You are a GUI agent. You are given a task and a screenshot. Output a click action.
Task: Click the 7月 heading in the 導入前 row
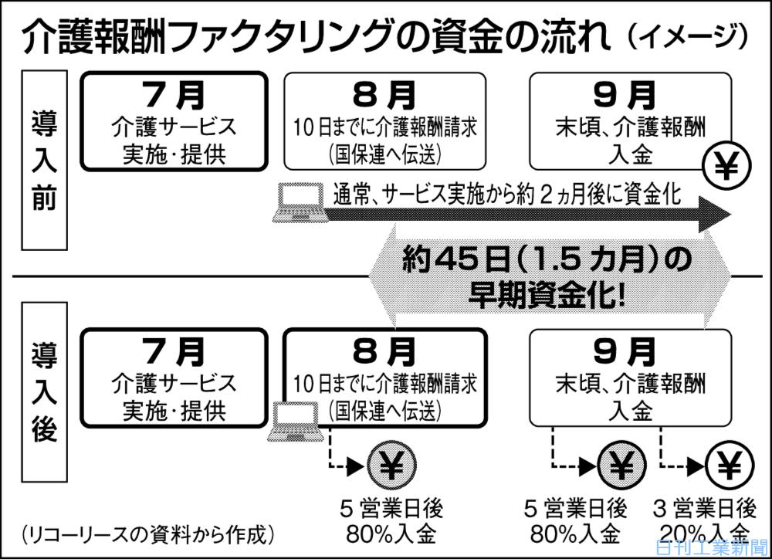[x=174, y=96]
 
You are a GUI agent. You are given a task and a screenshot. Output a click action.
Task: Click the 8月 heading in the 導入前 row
[x=384, y=96]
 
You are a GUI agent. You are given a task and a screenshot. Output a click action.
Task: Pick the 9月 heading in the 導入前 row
[x=629, y=96]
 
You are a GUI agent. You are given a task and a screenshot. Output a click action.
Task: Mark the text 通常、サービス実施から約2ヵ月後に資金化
[x=506, y=193]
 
